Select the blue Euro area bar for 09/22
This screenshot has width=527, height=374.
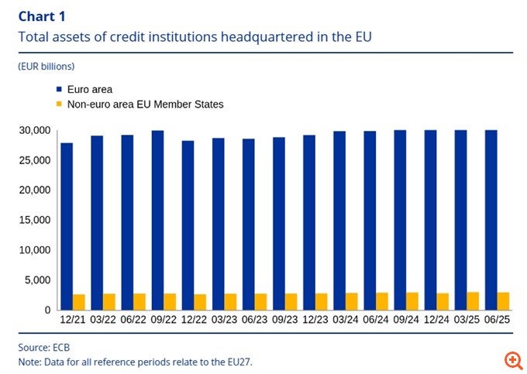pos(157,220)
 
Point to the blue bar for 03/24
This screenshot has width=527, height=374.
pos(339,221)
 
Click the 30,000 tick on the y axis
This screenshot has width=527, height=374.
pos(34,131)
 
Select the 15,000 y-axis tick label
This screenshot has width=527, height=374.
pos(34,221)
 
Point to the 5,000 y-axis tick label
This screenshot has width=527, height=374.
pos(37,280)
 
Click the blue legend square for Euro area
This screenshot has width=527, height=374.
pos(59,90)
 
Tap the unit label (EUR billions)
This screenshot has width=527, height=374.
pos(46,67)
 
